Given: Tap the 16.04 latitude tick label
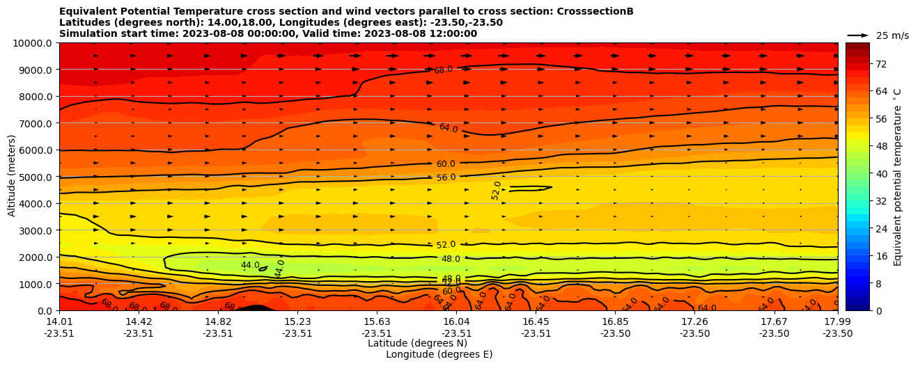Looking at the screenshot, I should pos(456,321).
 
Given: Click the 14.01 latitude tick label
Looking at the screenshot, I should pos(59,321).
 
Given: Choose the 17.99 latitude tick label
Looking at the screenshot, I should pos(837,321).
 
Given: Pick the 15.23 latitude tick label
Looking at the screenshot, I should pos(297,321).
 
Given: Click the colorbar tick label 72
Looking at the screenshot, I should pos(862,64).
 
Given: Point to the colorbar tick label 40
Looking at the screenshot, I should pos(862,174).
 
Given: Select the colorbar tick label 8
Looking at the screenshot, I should pos(859,283).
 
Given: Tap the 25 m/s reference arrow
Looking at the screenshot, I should pos(858,35).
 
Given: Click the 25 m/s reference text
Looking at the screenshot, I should pos(892,35).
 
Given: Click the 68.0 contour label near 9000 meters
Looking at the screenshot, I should pos(443,70).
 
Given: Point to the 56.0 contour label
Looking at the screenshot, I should pos(446,177).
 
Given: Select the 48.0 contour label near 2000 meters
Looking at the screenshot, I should pos(451,259).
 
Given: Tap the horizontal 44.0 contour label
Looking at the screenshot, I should pos(250,265).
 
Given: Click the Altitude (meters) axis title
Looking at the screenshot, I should pos(12,177).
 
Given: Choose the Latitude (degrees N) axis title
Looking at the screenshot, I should pos(417,343).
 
